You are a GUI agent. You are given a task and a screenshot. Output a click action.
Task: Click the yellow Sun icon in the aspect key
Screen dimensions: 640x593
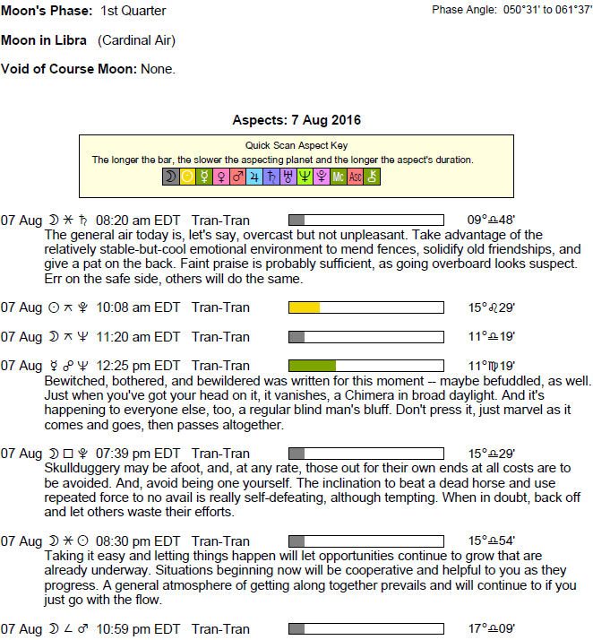click(x=187, y=177)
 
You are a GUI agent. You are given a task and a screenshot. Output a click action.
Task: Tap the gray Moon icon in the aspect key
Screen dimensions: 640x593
click(x=170, y=177)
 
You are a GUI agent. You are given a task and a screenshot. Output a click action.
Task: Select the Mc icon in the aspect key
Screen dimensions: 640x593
click(x=338, y=177)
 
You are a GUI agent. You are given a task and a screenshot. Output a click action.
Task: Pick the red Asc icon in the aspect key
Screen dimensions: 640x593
click(x=356, y=177)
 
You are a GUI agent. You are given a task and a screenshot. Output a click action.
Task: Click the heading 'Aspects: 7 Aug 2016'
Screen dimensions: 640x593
click(x=296, y=120)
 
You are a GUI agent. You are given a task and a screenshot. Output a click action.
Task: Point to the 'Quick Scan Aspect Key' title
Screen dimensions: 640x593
click(x=296, y=145)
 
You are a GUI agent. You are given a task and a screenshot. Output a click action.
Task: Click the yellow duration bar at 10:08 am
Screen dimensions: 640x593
click(x=304, y=307)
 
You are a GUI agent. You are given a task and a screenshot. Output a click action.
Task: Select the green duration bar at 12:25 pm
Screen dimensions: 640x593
click(x=312, y=366)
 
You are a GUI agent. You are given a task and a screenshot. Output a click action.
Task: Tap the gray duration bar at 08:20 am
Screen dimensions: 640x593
click(x=296, y=220)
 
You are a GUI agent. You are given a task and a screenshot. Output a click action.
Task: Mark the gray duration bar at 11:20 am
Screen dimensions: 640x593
click(x=296, y=337)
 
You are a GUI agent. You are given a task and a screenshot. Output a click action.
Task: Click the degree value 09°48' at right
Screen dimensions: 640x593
click(x=491, y=220)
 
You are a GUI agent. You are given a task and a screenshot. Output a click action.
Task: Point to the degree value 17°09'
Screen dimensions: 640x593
click(x=491, y=629)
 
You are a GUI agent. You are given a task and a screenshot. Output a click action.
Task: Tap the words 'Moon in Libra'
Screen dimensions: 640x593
click(x=44, y=40)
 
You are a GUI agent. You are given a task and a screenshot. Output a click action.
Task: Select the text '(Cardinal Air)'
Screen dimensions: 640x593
click(x=137, y=40)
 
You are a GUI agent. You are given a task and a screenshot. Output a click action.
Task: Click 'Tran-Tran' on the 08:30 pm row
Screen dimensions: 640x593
click(x=220, y=541)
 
